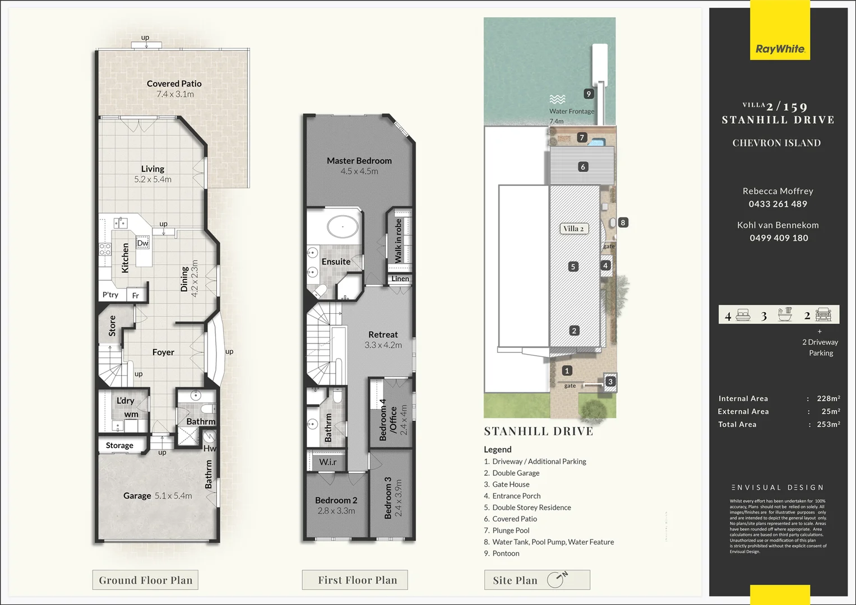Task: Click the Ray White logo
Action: tap(780, 49)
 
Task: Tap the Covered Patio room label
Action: tap(174, 84)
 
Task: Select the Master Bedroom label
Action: tap(359, 161)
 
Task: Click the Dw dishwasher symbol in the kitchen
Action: tap(143, 243)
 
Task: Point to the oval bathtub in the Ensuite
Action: tap(343, 227)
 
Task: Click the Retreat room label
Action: tap(383, 334)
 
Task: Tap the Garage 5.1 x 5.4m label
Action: tap(158, 496)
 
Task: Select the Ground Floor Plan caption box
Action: tap(145, 580)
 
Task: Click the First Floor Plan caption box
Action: tap(357, 580)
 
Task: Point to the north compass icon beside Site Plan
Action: tap(557, 579)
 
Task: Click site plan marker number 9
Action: tap(588, 94)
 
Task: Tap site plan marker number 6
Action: tap(583, 167)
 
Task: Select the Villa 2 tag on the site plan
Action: tap(573, 229)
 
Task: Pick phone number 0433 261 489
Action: tap(778, 204)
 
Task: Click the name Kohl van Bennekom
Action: tap(778, 225)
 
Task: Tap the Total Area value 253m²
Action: tap(828, 425)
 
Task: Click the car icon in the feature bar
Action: tap(823, 315)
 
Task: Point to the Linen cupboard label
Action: tap(400, 279)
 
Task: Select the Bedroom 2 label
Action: tap(336, 500)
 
